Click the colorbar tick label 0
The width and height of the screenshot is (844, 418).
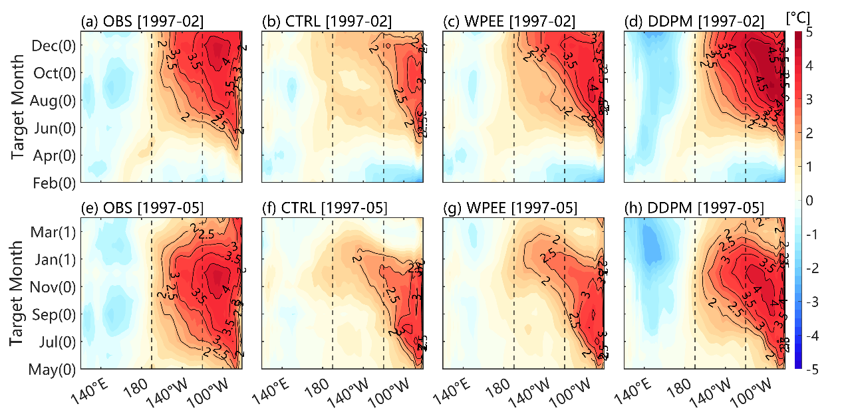[x=809, y=200]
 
